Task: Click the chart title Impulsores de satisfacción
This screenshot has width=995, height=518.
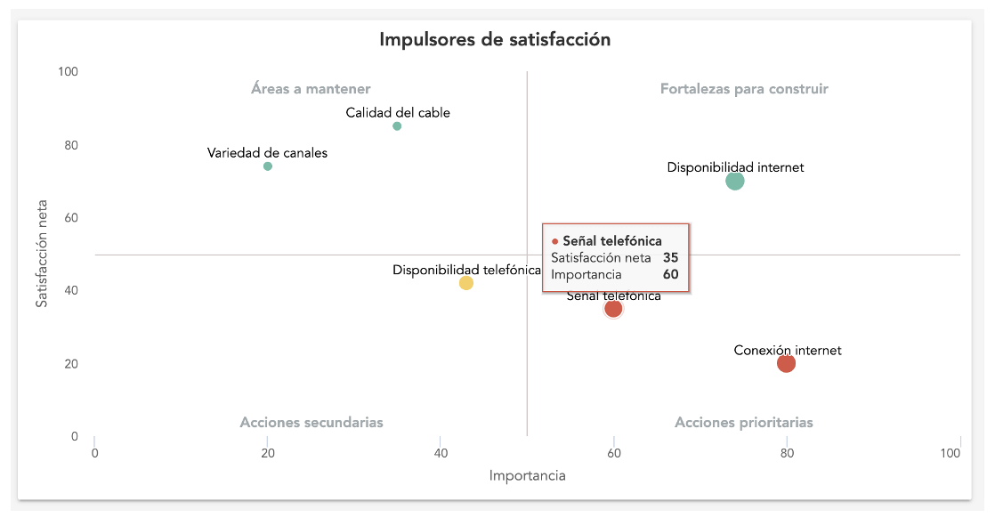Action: click(495, 40)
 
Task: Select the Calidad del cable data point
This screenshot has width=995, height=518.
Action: click(397, 126)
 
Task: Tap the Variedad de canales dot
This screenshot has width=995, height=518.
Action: click(268, 166)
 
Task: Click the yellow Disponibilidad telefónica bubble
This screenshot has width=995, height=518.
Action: click(465, 283)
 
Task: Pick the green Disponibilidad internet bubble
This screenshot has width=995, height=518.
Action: click(734, 182)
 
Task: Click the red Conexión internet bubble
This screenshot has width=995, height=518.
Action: click(786, 363)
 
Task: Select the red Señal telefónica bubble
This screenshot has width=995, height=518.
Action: click(613, 309)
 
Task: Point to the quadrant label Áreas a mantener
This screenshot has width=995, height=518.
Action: click(311, 89)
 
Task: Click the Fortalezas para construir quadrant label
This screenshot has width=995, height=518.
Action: click(744, 89)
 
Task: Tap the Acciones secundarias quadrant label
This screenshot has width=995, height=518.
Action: click(311, 423)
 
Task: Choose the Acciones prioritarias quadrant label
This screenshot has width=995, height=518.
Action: click(744, 423)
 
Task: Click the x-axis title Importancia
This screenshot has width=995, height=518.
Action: click(528, 476)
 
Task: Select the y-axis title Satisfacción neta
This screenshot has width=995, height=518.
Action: click(42, 255)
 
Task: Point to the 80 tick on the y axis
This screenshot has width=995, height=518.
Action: click(71, 145)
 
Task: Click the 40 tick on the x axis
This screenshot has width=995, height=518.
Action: click(441, 453)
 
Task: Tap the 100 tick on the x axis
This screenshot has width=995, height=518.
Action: click(951, 453)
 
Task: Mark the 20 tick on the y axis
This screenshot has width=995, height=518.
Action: click(71, 364)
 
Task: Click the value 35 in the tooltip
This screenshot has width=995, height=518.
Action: click(670, 257)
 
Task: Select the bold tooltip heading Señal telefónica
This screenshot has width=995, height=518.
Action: click(612, 240)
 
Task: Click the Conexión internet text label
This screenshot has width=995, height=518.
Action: click(788, 351)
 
